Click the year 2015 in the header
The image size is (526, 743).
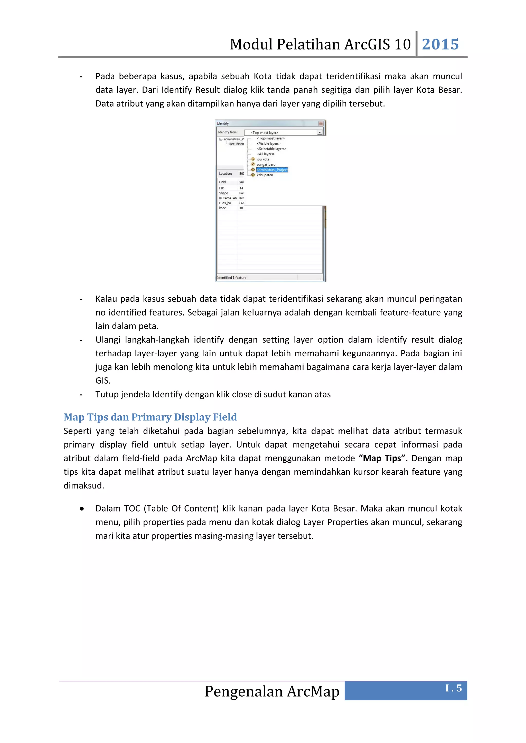tap(440, 44)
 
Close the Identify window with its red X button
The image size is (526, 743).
tap(321, 123)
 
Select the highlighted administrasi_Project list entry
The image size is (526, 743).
tap(272, 170)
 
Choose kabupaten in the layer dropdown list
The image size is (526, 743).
tap(265, 175)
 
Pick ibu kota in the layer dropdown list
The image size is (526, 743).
tap(263, 159)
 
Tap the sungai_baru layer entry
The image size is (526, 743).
tap(266, 164)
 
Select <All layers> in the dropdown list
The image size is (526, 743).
tap(266, 154)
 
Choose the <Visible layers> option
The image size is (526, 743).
tap(268, 143)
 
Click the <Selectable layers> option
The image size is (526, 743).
tap(271, 149)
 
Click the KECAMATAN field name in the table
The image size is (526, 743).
tap(228, 198)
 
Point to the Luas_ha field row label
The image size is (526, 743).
tap(225, 203)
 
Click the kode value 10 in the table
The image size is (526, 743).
tap(241, 208)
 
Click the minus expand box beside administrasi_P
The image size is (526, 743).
tap(221, 139)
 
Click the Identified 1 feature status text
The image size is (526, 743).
tap(232, 278)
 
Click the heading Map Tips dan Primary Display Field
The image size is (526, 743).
tap(150, 417)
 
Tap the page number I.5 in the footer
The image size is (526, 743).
tap(454, 688)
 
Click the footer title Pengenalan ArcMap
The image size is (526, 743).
tap(272, 691)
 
